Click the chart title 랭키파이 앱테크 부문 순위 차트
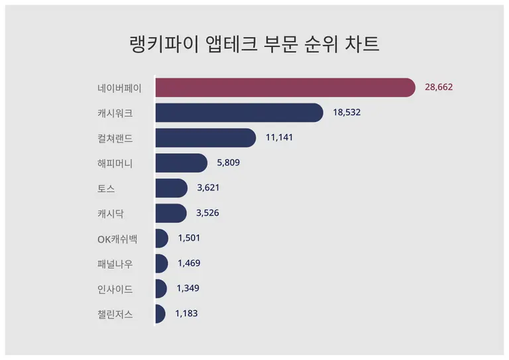click(254, 44)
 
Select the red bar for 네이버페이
click(285, 88)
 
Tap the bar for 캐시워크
click(239, 113)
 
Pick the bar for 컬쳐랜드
click(205, 138)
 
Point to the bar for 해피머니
click(181, 163)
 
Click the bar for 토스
click(171, 188)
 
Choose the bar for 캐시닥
click(170, 213)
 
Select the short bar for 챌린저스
click(160, 314)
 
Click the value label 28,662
click(439, 88)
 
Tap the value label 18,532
click(347, 113)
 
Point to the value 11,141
click(279, 138)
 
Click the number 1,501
click(189, 238)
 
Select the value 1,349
click(188, 288)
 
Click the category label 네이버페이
click(119, 88)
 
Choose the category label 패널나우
click(115, 264)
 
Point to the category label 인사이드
click(115, 289)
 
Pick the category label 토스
click(106, 188)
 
